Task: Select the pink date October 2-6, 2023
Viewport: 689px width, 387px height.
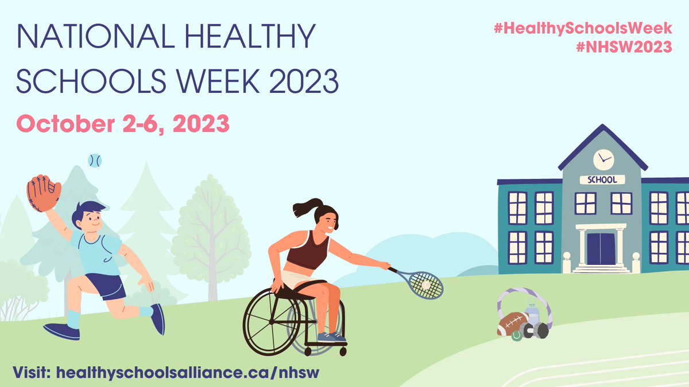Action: pyautogui.click(x=123, y=123)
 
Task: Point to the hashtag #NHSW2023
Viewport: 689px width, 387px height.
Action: pyautogui.click(x=624, y=47)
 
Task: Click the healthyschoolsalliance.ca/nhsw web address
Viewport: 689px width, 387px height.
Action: pyautogui.click(x=187, y=372)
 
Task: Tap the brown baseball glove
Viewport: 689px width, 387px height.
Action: pyautogui.click(x=44, y=192)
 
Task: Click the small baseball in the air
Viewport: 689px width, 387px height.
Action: pyautogui.click(x=95, y=161)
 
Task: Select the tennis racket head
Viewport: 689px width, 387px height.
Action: pyautogui.click(x=424, y=284)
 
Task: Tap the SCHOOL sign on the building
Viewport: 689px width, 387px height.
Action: pyautogui.click(x=602, y=179)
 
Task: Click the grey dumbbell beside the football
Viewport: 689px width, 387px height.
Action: pyautogui.click(x=537, y=330)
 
